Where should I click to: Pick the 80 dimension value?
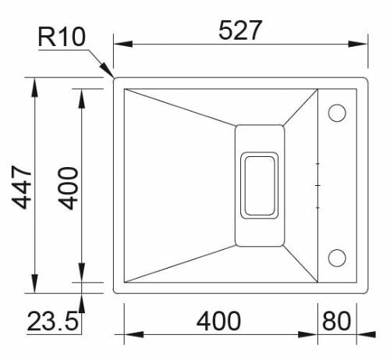(335, 320)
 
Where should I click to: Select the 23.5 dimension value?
(53, 321)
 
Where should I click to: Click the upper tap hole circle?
(337, 113)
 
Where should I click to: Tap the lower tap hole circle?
(337, 256)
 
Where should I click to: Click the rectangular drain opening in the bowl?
(259, 184)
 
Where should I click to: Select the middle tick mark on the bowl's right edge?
(317, 185)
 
